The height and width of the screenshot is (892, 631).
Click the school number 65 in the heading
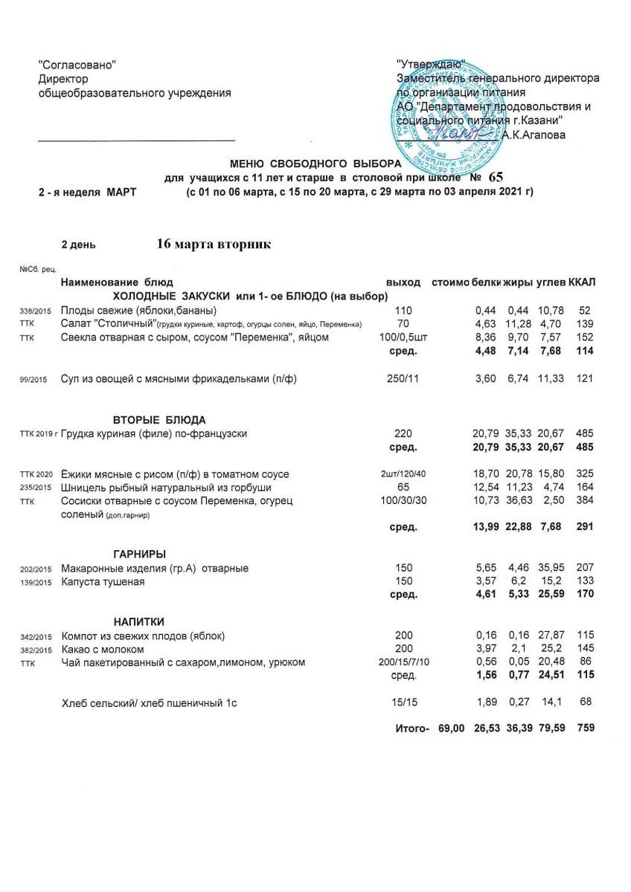point(496,177)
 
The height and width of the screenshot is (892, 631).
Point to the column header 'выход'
point(403,282)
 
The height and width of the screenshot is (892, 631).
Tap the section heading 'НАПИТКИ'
point(138,621)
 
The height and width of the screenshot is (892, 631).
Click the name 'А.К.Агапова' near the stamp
point(534,135)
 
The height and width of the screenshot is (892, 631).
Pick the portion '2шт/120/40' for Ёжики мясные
point(403,474)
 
